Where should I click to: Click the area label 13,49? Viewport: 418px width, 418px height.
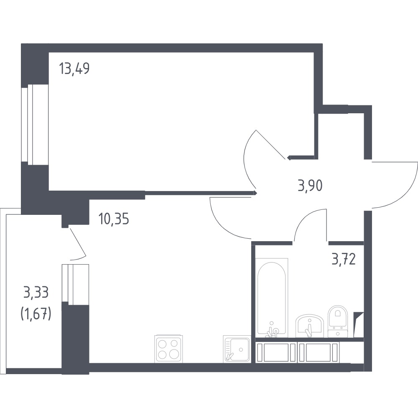pyautogui.click(x=74, y=69)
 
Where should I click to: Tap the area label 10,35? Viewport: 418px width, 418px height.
pyautogui.click(x=114, y=219)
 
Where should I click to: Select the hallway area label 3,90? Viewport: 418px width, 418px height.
pyautogui.click(x=310, y=186)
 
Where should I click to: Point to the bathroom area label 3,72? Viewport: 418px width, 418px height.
pyautogui.click(x=344, y=259)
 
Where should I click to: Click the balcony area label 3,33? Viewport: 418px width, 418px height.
pyautogui.click(x=36, y=292)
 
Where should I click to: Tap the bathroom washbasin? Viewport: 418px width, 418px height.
pyautogui.click(x=309, y=326)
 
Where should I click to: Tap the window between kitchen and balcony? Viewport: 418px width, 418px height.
pyautogui.click(x=75, y=284)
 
